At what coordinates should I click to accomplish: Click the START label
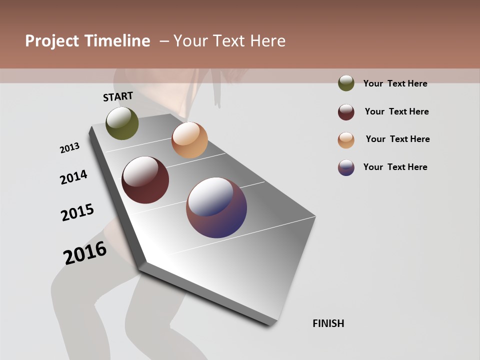[x=118, y=96]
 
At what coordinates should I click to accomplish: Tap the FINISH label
[x=328, y=323]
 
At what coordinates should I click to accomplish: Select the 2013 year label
[x=69, y=148]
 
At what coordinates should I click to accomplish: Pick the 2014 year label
[x=73, y=177]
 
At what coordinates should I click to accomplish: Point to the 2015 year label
[x=77, y=212]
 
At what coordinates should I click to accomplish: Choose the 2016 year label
[x=85, y=252]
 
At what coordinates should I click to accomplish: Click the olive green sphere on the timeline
[x=122, y=123]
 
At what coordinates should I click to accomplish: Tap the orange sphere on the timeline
[x=189, y=140]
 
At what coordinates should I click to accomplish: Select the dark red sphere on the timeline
[x=145, y=180]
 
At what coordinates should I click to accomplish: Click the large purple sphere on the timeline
[x=216, y=207]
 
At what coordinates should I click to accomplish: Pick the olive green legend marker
[x=346, y=83]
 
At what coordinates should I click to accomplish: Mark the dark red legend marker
[x=346, y=112]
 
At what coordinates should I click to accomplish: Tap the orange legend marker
[x=346, y=140]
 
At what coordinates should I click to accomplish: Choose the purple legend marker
[x=346, y=167]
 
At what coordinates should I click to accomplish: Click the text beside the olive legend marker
[x=395, y=83]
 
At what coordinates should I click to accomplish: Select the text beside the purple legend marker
[x=395, y=167]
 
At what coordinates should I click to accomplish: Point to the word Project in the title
[x=52, y=41]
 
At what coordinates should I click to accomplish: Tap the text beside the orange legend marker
[x=397, y=139]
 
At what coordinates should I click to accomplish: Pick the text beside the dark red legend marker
[x=396, y=111]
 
